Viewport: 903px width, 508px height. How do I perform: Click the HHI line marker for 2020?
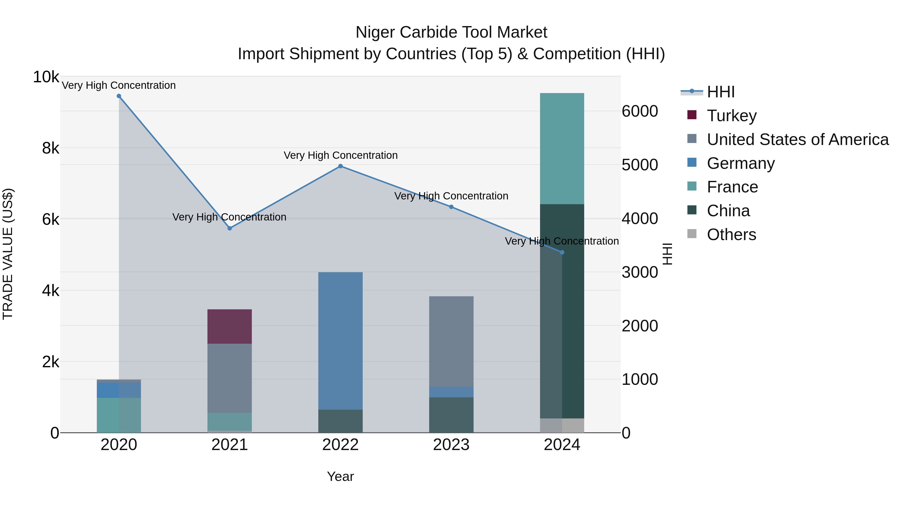(119, 96)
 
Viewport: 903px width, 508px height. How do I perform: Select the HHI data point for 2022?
(340, 166)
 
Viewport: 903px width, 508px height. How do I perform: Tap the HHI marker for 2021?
(230, 228)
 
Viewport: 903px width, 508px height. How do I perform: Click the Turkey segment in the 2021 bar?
(230, 326)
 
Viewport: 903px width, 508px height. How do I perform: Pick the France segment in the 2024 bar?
(562, 149)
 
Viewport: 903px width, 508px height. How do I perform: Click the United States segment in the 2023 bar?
(451, 341)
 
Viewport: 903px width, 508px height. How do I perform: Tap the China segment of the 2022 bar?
(340, 421)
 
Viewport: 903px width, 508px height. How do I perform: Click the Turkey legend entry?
(732, 116)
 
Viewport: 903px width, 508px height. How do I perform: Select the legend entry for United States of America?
(797, 139)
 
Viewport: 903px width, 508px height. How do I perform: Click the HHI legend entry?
(720, 92)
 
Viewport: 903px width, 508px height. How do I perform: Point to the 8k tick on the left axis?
(50, 148)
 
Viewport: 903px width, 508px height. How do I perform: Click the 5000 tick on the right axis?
(640, 165)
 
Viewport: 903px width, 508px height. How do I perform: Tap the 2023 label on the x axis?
(451, 445)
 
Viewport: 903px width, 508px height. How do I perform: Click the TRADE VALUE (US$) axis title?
(8, 254)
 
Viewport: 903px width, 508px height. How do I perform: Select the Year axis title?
(340, 476)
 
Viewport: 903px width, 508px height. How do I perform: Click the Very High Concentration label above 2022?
(340, 155)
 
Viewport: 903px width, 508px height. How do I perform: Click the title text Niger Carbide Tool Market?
(451, 32)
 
